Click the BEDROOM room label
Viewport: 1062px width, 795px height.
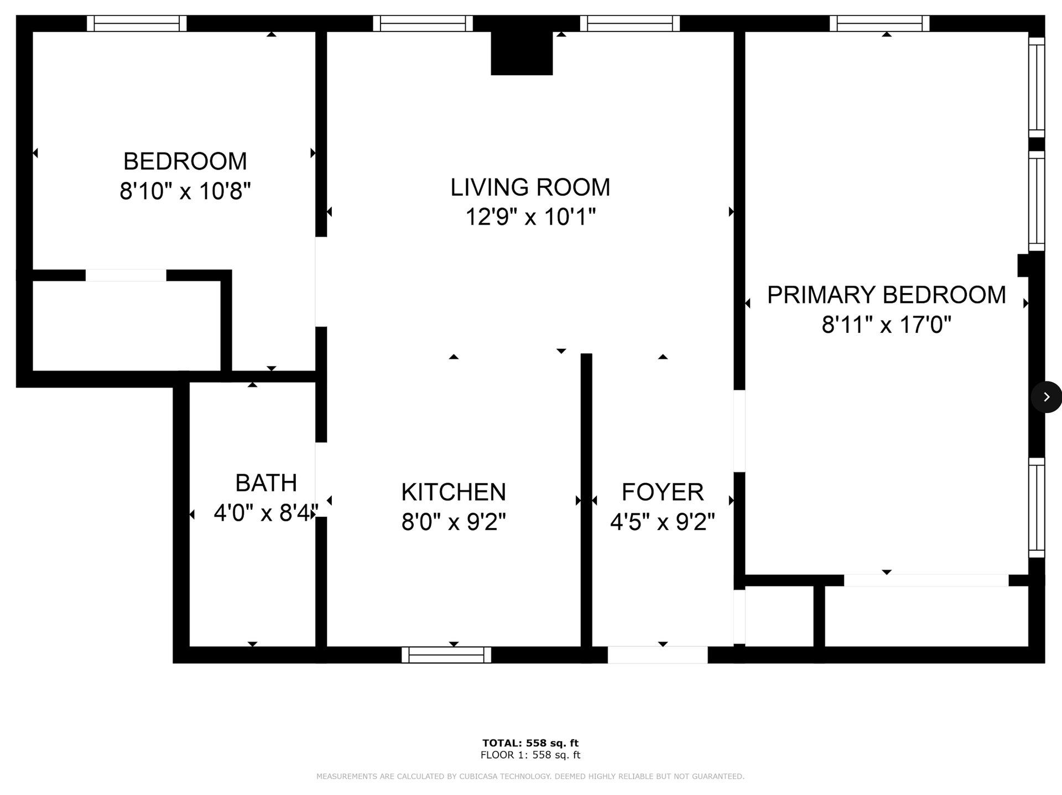coord(185,161)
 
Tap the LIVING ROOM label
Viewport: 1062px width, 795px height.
coord(530,187)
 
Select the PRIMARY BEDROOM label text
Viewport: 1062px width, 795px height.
coord(886,295)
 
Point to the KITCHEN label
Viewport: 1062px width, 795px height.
coord(454,492)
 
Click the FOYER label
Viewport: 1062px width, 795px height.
coord(663,492)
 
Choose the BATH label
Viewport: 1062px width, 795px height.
coord(266,483)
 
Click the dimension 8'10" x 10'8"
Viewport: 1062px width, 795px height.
coord(185,191)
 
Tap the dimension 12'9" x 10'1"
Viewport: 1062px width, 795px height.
coord(530,217)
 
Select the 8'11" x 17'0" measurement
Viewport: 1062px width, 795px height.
coord(886,325)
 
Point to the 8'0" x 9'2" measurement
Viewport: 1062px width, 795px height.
coord(454,522)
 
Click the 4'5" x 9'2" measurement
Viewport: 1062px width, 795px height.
coord(663,522)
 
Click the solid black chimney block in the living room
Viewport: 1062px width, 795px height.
coord(522,53)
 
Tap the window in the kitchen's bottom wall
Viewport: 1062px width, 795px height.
coord(446,655)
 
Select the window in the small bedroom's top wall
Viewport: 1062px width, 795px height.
coord(137,24)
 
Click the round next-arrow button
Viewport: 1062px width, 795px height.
coord(1046,397)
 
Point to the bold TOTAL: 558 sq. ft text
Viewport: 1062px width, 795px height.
coord(530,743)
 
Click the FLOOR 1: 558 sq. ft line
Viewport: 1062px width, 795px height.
coord(530,755)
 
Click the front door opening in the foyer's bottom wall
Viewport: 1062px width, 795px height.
coord(658,655)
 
